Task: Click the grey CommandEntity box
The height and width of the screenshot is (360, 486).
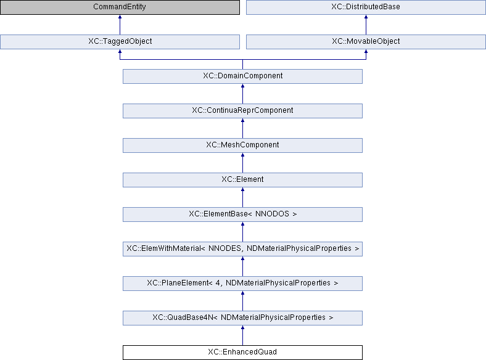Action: [120, 7]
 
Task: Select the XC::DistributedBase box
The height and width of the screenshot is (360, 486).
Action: [366, 7]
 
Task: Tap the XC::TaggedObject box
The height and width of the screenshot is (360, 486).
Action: [120, 41]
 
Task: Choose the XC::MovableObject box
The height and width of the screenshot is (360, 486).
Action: [366, 41]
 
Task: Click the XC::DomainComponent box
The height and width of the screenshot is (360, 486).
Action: [242, 76]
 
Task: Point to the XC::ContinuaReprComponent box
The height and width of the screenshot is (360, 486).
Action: [242, 110]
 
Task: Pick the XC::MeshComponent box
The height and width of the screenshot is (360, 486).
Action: [242, 145]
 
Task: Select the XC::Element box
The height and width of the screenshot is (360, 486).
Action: [242, 179]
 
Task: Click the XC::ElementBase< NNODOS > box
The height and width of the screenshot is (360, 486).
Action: [242, 215]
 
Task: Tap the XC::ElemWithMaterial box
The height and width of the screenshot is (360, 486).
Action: [242, 249]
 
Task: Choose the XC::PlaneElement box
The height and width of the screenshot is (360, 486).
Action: [242, 284]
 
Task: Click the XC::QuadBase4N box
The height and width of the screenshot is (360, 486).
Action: [242, 318]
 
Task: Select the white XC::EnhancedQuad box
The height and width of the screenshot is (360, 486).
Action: [242, 353]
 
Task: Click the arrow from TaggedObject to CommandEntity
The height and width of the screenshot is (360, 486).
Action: [120, 25]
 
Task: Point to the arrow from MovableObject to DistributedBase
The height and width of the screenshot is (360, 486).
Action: [366, 25]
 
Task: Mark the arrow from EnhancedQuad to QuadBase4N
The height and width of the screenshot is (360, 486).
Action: [242, 335]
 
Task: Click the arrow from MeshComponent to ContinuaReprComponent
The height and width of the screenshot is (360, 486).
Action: [242, 128]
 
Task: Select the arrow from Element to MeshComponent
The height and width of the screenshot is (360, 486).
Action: [242, 163]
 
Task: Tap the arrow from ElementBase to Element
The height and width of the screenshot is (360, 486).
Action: [242, 197]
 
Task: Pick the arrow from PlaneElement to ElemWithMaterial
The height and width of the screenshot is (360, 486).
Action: [242, 266]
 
